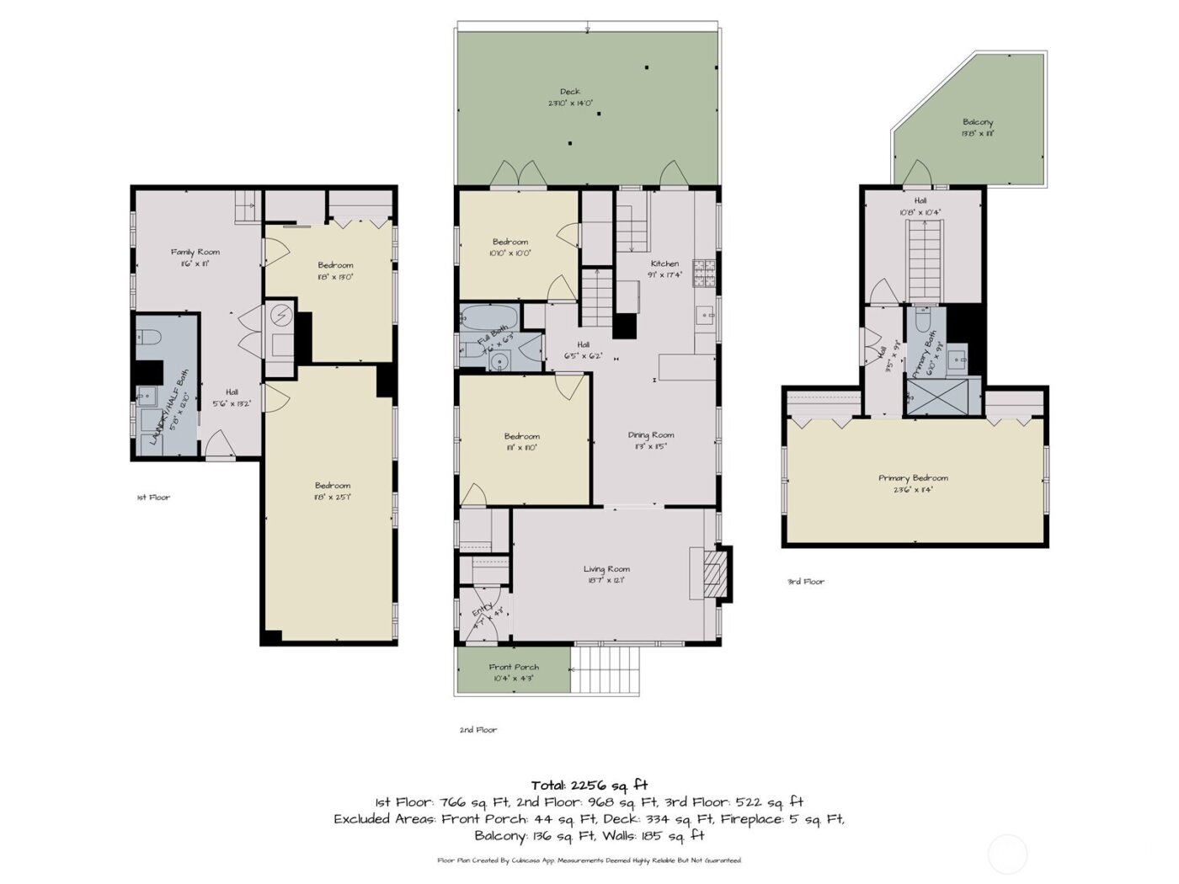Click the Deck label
tap(570, 92)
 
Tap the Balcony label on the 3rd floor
tap(977, 123)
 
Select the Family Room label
tap(195, 253)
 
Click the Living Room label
tap(606, 570)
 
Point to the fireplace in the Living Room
tap(714, 574)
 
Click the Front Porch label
tap(514, 668)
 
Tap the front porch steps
tap(605, 669)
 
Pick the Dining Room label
tap(651, 435)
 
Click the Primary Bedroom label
tap(913, 478)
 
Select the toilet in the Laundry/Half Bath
tap(149, 338)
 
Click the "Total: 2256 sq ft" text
tap(589, 785)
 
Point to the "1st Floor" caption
tap(153, 498)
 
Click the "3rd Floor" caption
tap(806, 582)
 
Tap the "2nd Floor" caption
tap(477, 730)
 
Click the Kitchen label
tap(664, 264)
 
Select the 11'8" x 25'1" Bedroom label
tap(333, 486)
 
